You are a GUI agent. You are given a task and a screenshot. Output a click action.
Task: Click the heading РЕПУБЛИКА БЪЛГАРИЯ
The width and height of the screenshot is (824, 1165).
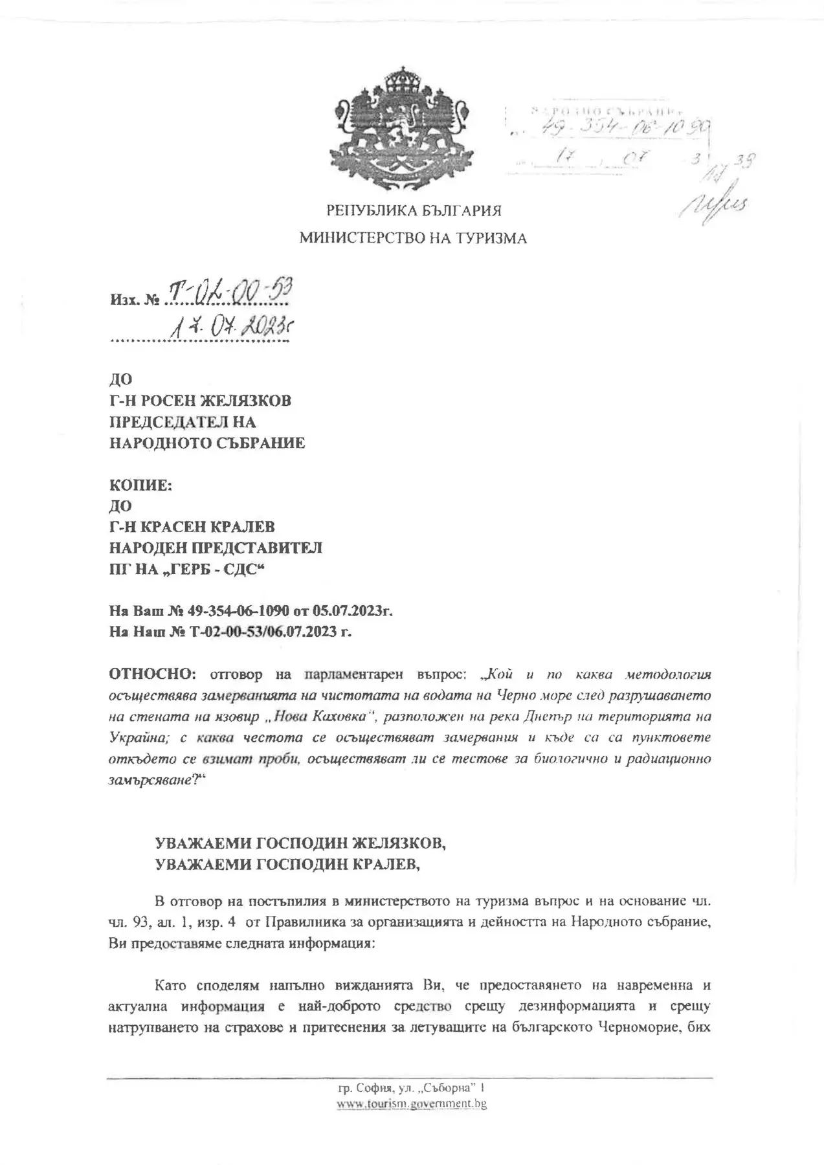(x=414, y=211)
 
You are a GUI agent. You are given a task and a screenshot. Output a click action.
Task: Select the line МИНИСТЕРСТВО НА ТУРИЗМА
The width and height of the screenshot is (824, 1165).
(x=412, y=239)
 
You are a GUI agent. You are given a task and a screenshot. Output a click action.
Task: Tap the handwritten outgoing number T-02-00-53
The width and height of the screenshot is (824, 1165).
(x=227, y=293)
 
